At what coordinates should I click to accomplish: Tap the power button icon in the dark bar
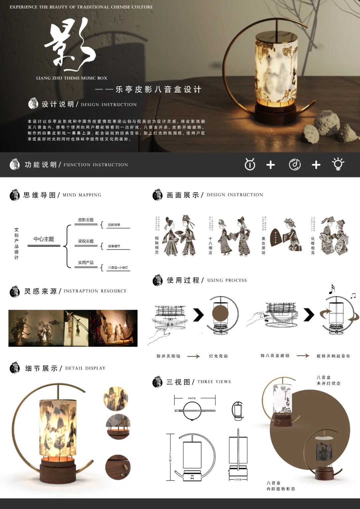click(x=250, y=164)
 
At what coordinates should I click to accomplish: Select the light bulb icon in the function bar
click(x=338, y=164)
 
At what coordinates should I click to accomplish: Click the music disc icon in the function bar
click(x=295, y=164)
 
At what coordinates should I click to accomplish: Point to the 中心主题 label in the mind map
click(x=44, y=239)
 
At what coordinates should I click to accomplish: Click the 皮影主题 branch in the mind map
click(x=86, y=220)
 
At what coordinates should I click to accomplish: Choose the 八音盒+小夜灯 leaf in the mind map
click(x=118, y=268)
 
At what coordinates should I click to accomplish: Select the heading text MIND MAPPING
click(x=82, y=195)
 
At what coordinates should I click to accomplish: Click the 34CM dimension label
click(x=192, y=398)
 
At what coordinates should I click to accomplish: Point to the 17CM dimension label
click(x=238, y=479)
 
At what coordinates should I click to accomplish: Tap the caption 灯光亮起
click(x=218, y=356)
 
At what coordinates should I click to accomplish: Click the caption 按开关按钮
click(x=168, y=356)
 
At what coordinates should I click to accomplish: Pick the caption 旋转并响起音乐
click(x=333, y=356)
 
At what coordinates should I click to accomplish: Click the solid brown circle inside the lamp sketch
click(x=220, y=313)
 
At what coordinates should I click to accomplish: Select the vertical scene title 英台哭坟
click(x=263, y=246)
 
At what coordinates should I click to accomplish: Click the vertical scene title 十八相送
click(x=210, y=246)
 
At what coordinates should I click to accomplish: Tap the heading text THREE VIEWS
click(x=214, y=382)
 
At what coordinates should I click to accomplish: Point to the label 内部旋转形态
click(x=281, y=489)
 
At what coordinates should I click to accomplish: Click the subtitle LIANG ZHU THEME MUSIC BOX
click(x=72, y=78)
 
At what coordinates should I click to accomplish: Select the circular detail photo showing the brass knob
click(x=118, y=467)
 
